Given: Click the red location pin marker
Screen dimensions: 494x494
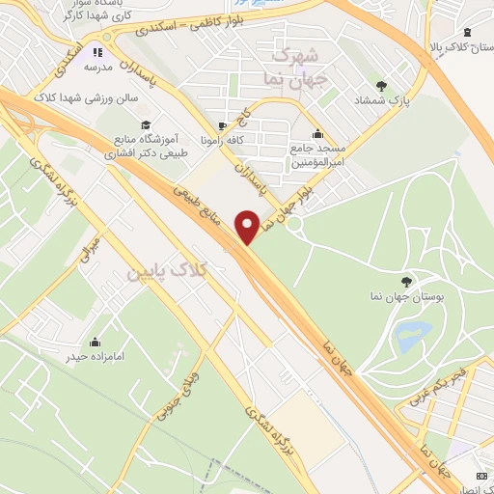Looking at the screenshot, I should pos(248,226).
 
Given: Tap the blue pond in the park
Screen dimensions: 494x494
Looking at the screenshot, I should pos(412,335).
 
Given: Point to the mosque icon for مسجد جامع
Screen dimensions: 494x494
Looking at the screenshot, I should pos(317,133).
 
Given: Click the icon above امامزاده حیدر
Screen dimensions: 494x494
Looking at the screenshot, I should pos(96,342).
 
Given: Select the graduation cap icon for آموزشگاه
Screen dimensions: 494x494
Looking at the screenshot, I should pos(145,124).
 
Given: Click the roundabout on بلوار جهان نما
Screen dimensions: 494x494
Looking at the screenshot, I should pos(295,224).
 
